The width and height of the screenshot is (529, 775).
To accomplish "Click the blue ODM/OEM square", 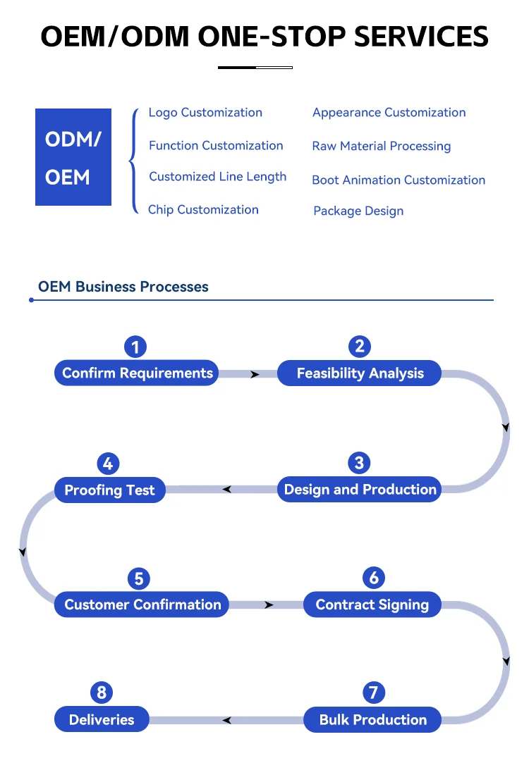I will pos(73,157).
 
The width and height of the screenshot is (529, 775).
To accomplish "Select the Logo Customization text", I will pos(205,113).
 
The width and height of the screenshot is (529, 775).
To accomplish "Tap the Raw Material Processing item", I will pos(382,147).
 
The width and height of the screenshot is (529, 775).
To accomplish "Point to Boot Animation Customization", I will pos(399,180).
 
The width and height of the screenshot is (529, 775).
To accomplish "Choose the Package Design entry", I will pos(358,211).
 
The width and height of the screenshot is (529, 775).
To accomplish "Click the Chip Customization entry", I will pos(203,210).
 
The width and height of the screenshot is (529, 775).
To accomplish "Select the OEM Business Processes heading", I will pos(123,287).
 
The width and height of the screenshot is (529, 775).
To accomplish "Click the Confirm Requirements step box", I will pos(137,373).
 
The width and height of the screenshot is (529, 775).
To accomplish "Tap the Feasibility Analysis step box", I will pos(360,373).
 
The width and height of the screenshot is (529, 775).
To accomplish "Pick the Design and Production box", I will pos(360,490).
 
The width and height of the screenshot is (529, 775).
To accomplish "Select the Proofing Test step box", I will pos(109,490).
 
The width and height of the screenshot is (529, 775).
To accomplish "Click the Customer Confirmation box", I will pos(142,604).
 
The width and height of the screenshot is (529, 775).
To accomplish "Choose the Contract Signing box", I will pos(372,604).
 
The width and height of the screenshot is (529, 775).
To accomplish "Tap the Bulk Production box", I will pos(372,720).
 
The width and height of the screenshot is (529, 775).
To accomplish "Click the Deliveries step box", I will pos(102,720).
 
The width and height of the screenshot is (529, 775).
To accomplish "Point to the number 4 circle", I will pos(108,464).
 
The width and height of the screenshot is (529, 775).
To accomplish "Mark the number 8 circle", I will pos(102,693).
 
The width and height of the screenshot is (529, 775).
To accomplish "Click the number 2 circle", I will pos(360,346).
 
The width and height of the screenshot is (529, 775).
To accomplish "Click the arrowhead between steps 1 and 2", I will pos(255,374).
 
